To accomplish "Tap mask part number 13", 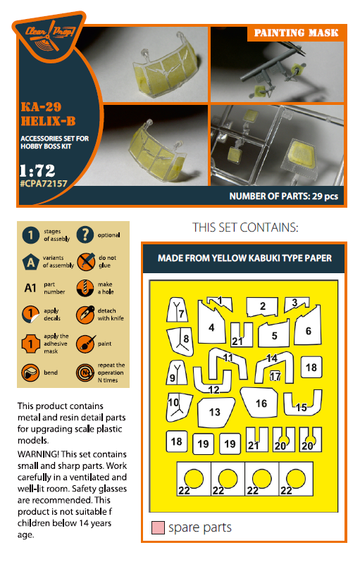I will [215, 411].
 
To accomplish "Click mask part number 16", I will [261, 403].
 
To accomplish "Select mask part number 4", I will [211, 327].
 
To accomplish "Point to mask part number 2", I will [262, 306].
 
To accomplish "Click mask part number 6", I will [308, 330].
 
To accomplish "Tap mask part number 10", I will [174, 403].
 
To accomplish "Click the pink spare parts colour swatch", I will [158, 527].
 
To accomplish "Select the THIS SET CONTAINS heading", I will [245, 228].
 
